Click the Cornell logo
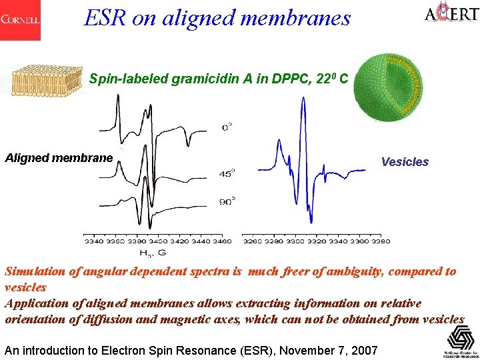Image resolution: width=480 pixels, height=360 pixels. pyautogui.click(x=20, y=20)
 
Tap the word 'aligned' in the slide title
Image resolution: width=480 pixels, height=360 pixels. pyautogui.click(x=193, y=19)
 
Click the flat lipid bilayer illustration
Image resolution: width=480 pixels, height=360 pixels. pyautogui.click(x=44, y=79)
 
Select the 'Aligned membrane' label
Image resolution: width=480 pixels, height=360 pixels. pyautogui.click(x=59, y=159)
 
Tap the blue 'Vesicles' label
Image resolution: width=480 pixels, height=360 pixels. pyautogui.click(x=405, y=162)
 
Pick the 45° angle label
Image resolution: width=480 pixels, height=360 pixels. pyautogui.click(x=227, y=173)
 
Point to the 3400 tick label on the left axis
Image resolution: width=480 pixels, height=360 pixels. pyautogui.click(x=158, y=241)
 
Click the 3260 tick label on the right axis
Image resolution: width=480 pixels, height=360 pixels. pyautogui.click(x=252, y=241)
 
